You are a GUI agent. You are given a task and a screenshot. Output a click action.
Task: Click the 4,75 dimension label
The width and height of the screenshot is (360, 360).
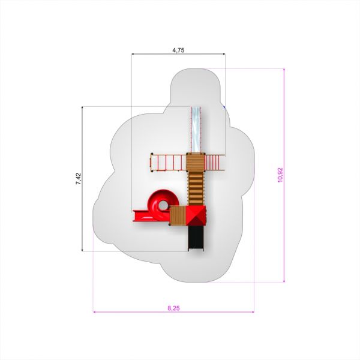(x=178, y=50)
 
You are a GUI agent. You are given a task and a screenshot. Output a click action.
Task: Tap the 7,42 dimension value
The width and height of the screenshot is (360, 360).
(x=79, y=179)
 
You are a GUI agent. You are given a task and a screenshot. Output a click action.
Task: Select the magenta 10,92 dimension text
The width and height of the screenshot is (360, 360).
(x=281, y=175)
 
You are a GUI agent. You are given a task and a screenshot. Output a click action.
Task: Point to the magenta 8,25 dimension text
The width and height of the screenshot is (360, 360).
(x=173, y=308)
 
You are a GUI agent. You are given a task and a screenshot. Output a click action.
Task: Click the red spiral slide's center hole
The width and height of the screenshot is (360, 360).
(x=163, y=205)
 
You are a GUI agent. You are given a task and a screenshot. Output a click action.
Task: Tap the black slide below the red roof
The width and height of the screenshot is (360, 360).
(x=196, y=238)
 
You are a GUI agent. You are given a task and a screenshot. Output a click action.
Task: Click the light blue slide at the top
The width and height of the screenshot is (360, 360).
(x=196, y=130)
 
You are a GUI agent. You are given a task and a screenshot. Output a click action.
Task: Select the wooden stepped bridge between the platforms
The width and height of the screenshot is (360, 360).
(x=196, y=188)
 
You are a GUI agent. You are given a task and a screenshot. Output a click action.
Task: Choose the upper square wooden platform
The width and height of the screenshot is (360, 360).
(x=196, y=163)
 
